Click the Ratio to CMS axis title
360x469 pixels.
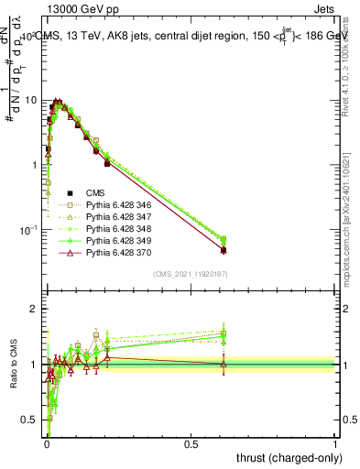click(x=13, y=366)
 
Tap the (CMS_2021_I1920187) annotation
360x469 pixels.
click(x=190, y=274)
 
